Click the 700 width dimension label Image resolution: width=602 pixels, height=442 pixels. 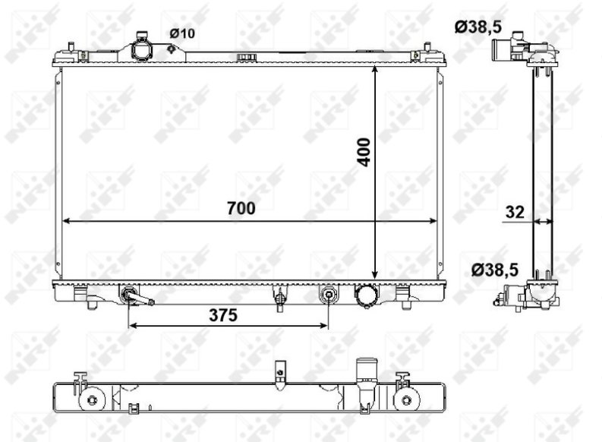click(x=241, y=208)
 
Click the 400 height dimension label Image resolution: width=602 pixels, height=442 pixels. click(x=364, y=152)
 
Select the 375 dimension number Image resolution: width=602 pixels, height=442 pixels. click(x=223, y=315)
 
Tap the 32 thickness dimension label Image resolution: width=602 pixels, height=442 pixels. click(x=515, y=212)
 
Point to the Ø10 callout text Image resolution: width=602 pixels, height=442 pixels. click(x=182, y=33)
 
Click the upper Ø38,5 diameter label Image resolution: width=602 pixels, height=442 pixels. click(x=478, y=27)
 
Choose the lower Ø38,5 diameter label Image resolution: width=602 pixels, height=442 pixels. click(x=495, y=270)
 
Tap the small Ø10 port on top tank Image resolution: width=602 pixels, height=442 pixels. click(x=172, y=49)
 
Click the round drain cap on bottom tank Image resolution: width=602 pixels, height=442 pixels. click(x=366, y=295)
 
